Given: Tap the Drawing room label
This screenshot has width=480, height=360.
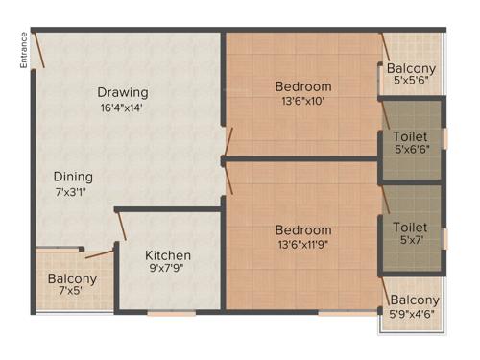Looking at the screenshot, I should coord(123,92).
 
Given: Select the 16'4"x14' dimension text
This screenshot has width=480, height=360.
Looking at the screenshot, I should coord(123,108).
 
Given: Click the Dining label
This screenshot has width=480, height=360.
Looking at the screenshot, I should coord(73,177).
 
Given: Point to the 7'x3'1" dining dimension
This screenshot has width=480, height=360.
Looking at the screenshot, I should coord(73,192).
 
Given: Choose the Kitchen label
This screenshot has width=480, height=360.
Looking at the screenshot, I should coord(168,255).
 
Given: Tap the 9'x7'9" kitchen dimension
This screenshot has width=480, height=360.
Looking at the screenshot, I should coord(168,270).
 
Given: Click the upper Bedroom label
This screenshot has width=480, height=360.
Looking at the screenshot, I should coord(303,87).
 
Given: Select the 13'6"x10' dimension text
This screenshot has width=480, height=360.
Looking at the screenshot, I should coord(303,102).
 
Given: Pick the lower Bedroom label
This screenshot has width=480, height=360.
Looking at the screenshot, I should coord(303,230).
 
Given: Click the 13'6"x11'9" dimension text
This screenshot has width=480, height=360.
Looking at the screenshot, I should coord(303,245).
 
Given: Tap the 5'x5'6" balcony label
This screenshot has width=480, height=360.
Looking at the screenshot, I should coord(411,84).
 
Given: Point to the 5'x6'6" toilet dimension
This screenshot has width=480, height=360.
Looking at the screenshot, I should coord(412,150).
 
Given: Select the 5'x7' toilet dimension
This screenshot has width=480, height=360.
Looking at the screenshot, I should coord(411,241).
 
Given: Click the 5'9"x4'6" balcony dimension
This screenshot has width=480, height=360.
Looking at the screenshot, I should coord(415,314).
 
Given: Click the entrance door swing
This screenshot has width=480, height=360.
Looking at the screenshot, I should coord(36,48).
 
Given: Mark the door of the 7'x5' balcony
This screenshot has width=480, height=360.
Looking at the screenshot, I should coord(99,253).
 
